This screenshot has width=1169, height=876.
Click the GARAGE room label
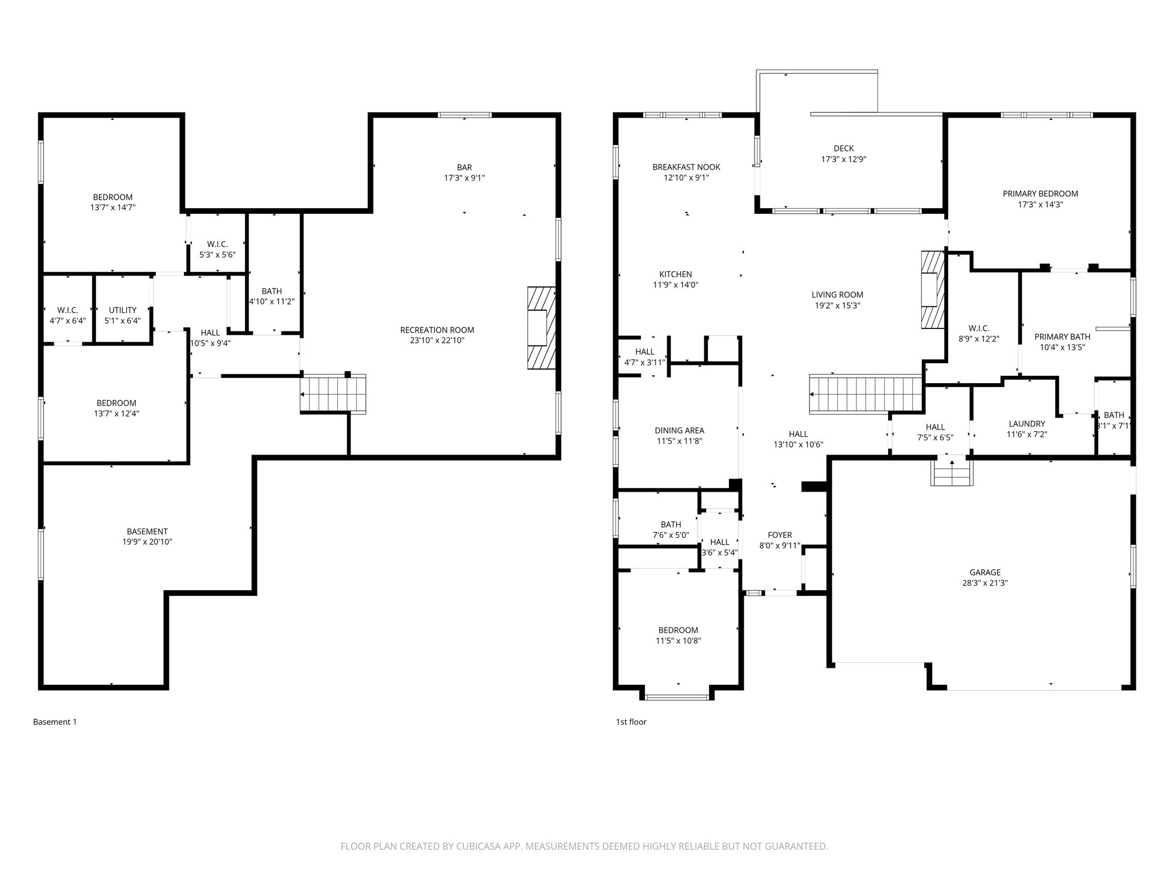pyautogui.click(x=985, y=573)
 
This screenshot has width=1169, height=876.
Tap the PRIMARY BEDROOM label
pyautogui.click(x=1040, y=194)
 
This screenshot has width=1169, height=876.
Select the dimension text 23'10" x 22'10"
pyautogui.click(x=437, y=340)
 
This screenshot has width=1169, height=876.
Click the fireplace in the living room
pyautogui.click(x=932, y=290)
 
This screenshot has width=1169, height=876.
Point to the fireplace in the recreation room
pyautogui.click(x=541, y=328)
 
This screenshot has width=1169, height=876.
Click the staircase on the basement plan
pyautogui.click(x=333, y=394)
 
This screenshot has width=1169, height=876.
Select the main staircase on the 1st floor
pyautogui.click(x=866, y=394)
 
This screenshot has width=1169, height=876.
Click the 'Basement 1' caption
pyautogui.click(x=55, y=722)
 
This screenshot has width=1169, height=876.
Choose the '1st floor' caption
pyautogui.click(x=631, y=722)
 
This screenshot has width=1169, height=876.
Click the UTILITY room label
pyautogui.click(x=123, y=310)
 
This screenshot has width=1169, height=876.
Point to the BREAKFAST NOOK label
pyautogui.click(x=686, y=167)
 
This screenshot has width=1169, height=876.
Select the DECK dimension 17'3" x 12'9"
pyautogui.click(x=843, y=160)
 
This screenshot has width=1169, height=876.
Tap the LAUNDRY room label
pyautogui.click(x=1026, y=424)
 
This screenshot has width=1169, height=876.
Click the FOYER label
pyautogui.click(x=779, y=535)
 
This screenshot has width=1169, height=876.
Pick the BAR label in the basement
pyautogui.click(x=464, y=167)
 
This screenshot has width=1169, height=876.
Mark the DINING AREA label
pyautogui.click(x=679, y=431)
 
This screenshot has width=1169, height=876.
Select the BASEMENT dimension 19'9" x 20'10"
pyautogui.click(x=147, y=542)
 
